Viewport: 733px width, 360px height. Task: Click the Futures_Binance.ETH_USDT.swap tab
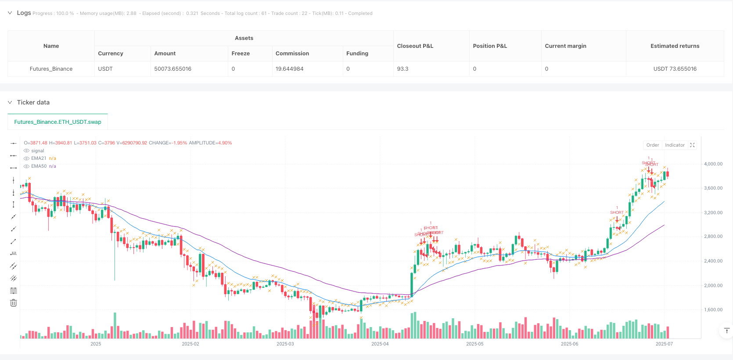[x=57, y=122]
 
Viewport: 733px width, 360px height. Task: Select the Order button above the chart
[x=652, y=145]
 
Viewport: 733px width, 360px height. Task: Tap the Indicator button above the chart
[x=675, y=145]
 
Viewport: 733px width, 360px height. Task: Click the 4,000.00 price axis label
[x=713, y=164]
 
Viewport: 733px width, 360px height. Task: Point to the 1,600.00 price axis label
[x=713, y=310]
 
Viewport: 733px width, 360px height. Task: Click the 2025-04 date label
[x=380, y=344]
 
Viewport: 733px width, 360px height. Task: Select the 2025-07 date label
[x=664, y=344]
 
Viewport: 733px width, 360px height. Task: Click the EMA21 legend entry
[x=39, y=158]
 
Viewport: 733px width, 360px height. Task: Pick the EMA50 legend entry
[x=39, y=166]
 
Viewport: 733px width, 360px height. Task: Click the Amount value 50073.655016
[x=172, y=69]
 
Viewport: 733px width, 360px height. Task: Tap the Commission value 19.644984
[x=289, y=69]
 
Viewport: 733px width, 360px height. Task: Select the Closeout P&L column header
[x=415, y=46]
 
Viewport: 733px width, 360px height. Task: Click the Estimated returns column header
[x=675, y=46]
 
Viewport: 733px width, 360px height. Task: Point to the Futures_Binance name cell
[x=51, y=69]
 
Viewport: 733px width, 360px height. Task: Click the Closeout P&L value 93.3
[x=402, y=69]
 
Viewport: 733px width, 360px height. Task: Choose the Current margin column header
[x=565, y=46]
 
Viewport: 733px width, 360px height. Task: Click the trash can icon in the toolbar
[x=14, y=303]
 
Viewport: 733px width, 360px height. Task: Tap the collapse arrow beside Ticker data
[x=10, y=102]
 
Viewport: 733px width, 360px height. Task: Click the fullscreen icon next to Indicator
[x=692, y=145]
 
